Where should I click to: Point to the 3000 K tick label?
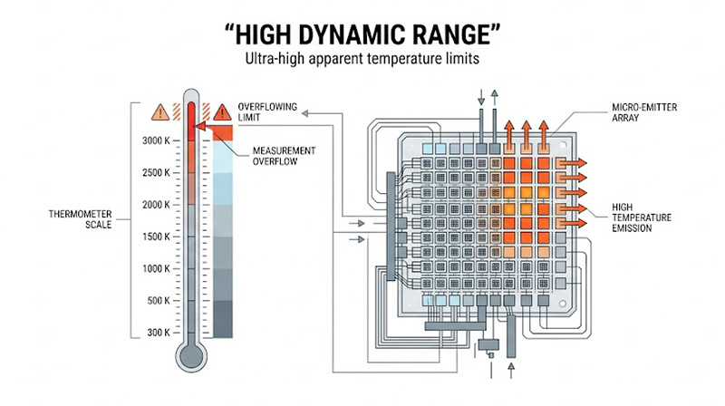(156, 140)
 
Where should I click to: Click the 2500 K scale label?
(156, 172)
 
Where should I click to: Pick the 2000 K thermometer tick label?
(156, 205)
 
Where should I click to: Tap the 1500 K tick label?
(156, 237)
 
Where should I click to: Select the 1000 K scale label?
(156, 268)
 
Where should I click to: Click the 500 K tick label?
(158, 300)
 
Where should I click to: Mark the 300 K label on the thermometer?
(158, 333)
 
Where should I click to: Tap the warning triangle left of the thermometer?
(160, 112)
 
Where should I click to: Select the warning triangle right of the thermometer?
(220, 112)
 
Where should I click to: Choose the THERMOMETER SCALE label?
(81, 220)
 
